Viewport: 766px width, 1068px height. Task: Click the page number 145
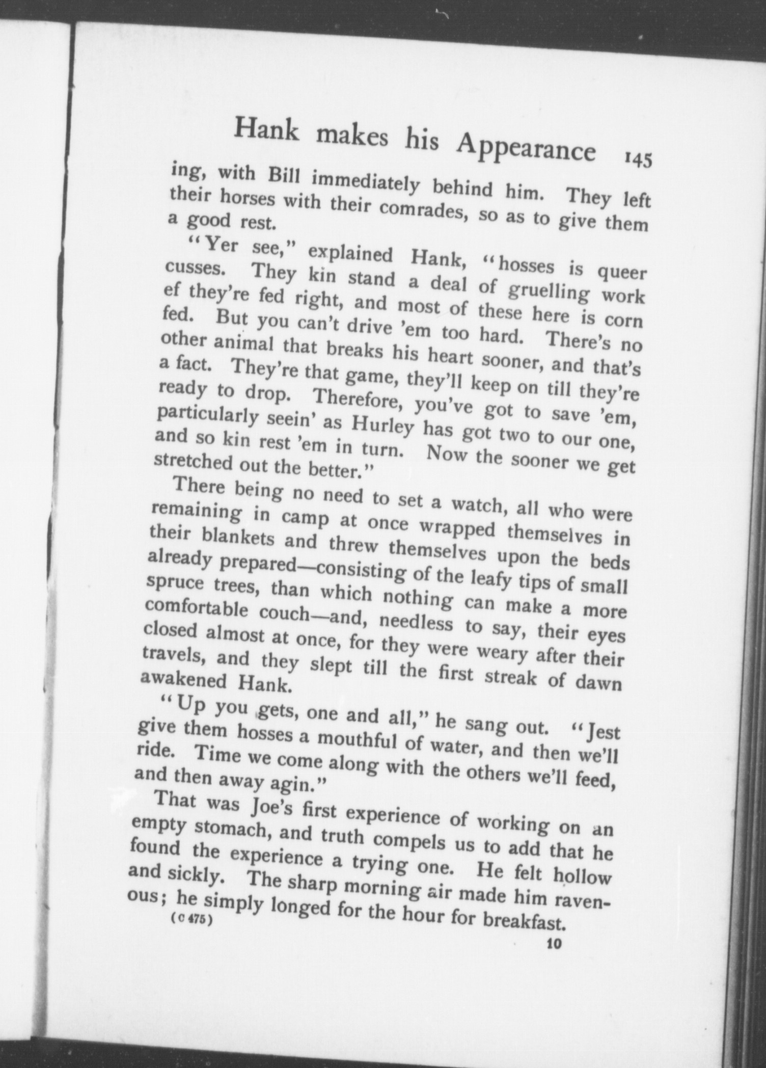[637, 159]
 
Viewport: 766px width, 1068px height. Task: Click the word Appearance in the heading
[526, 148]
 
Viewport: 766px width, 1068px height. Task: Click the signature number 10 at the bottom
[553, 943]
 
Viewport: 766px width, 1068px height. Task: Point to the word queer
[622, 274]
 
